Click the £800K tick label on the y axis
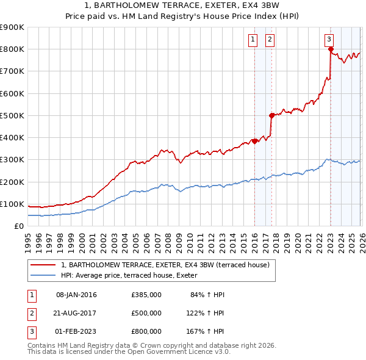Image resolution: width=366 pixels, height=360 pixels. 12,49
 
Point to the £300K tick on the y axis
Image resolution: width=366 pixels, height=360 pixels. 12,160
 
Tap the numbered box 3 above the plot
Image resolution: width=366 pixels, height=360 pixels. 329,40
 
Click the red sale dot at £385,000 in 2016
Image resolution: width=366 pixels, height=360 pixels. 254,141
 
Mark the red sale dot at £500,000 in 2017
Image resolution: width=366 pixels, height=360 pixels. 271,115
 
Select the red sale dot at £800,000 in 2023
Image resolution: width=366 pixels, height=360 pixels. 330,49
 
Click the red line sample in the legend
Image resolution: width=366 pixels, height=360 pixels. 44,264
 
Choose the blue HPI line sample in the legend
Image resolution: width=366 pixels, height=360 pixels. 44,275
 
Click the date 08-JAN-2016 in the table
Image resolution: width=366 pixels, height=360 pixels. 76,295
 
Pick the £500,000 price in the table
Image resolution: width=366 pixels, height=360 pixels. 146,313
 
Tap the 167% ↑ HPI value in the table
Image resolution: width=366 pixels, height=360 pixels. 206,331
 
